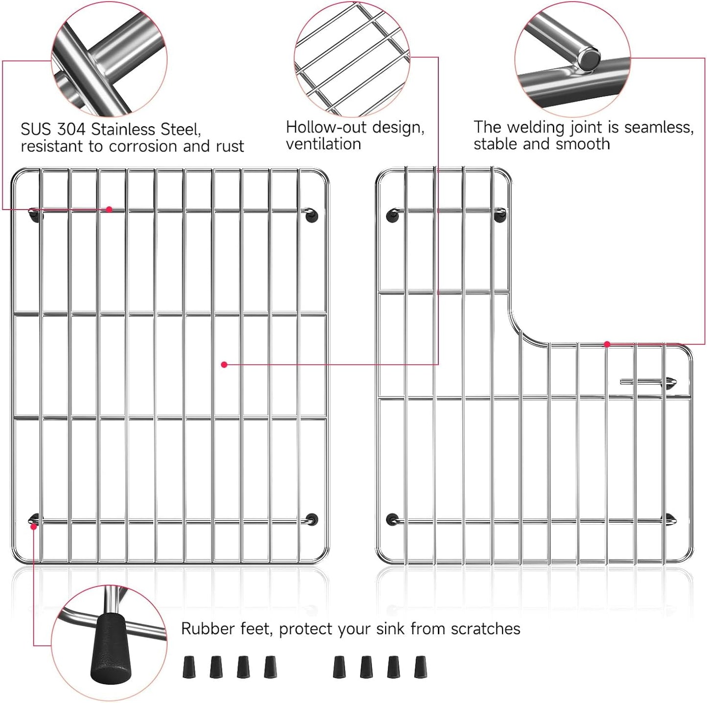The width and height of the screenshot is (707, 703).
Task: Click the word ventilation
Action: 323,144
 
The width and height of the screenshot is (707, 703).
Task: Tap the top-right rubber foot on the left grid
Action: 312,215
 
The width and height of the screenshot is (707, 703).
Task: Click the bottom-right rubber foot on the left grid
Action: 312,519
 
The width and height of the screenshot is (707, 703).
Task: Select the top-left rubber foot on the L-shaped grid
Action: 392,215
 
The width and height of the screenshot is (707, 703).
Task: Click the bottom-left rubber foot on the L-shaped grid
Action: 392,519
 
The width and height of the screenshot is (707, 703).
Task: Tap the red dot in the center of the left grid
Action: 224,365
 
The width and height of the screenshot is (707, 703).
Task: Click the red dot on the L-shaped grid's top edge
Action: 607,344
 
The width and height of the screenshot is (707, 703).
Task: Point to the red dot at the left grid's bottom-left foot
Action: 33,527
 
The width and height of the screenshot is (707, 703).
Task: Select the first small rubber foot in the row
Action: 189,667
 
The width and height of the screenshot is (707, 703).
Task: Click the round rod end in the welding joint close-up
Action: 589,60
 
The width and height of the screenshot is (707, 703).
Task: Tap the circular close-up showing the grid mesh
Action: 352,59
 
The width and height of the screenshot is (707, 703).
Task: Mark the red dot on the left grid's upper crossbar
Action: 109,209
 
